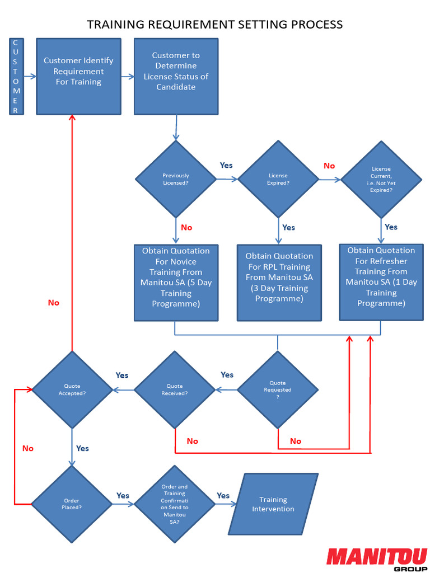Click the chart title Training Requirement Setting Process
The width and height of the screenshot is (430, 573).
pyautogui.click(x=215, y=24)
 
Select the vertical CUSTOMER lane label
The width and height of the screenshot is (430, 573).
pyautogui.click(x=16, y=76)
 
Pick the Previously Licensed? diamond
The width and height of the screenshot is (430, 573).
pyautogui.click(x=176, y=179)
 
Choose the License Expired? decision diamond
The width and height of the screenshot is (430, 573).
pyautogui.click(x=278, y=179)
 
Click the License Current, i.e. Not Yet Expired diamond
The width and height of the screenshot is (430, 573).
pyautogui.click(x=381, y=179)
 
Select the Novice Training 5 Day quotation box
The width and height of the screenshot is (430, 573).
pyautogui.click(x=176, y=282)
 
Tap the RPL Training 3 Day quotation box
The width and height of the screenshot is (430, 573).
pyautogui.click(x=279, y=282)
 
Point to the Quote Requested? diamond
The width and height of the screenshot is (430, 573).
pyautogui.click(x=278, y=389)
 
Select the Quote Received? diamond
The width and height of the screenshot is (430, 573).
pyautogui.click(x=175, y=389)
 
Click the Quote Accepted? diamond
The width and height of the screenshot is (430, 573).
pyautogui.click(x=72, y=389)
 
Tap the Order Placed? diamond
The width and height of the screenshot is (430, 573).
pyautogui.click(x=72, y=504)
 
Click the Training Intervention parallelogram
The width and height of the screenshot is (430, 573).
pyautogui.click(x=273, y=504)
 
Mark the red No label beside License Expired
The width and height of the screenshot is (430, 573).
pyautogui.click(x=329, y=166)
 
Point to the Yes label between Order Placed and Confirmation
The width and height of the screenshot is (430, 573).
pyautogui.click(x=123, y=495)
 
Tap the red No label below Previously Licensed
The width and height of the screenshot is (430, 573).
pyautogui.click(x=186, y=227)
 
